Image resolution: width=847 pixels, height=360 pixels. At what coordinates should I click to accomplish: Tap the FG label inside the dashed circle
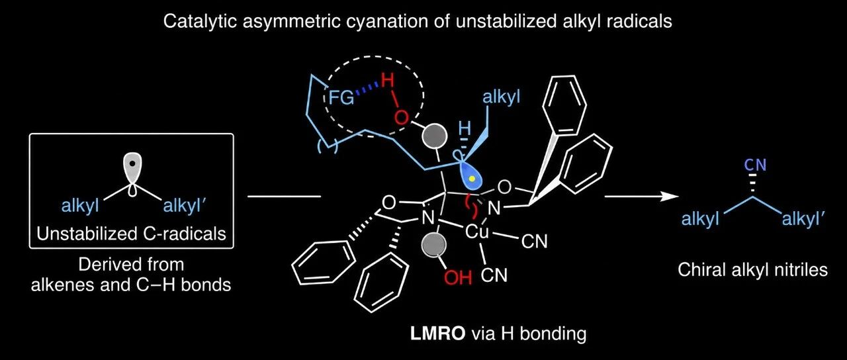click(x=341, y=98)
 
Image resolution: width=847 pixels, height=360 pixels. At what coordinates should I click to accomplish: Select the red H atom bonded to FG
click(x=388, y=81)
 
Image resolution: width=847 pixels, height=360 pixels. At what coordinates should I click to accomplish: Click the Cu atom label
click(x=477, y=232)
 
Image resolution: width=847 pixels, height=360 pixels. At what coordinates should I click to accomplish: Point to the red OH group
click(x=458, y=277)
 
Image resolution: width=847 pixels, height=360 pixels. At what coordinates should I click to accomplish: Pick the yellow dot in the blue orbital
click(x=471, y=178)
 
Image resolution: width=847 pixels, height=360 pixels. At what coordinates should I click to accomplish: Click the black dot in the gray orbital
click(x=132, y=163)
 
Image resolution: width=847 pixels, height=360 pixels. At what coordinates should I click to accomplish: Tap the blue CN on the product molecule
click(x=755, y=165)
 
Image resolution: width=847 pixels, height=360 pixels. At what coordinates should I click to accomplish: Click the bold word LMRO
click(x=438, y=334)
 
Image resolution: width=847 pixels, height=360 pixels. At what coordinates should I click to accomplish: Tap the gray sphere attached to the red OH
click(x=433, y=244)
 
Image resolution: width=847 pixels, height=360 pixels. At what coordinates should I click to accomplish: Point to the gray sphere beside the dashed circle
click(x=434, y=136)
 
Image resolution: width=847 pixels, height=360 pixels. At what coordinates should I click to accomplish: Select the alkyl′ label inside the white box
click(x=183, y=206)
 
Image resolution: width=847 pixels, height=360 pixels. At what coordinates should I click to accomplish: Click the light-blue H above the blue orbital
click(x=465, y=128)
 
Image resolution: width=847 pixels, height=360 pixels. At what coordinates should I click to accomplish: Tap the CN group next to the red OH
click(x=494, y=275)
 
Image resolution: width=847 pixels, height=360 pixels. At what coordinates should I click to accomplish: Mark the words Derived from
click(x=131, y=264)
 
